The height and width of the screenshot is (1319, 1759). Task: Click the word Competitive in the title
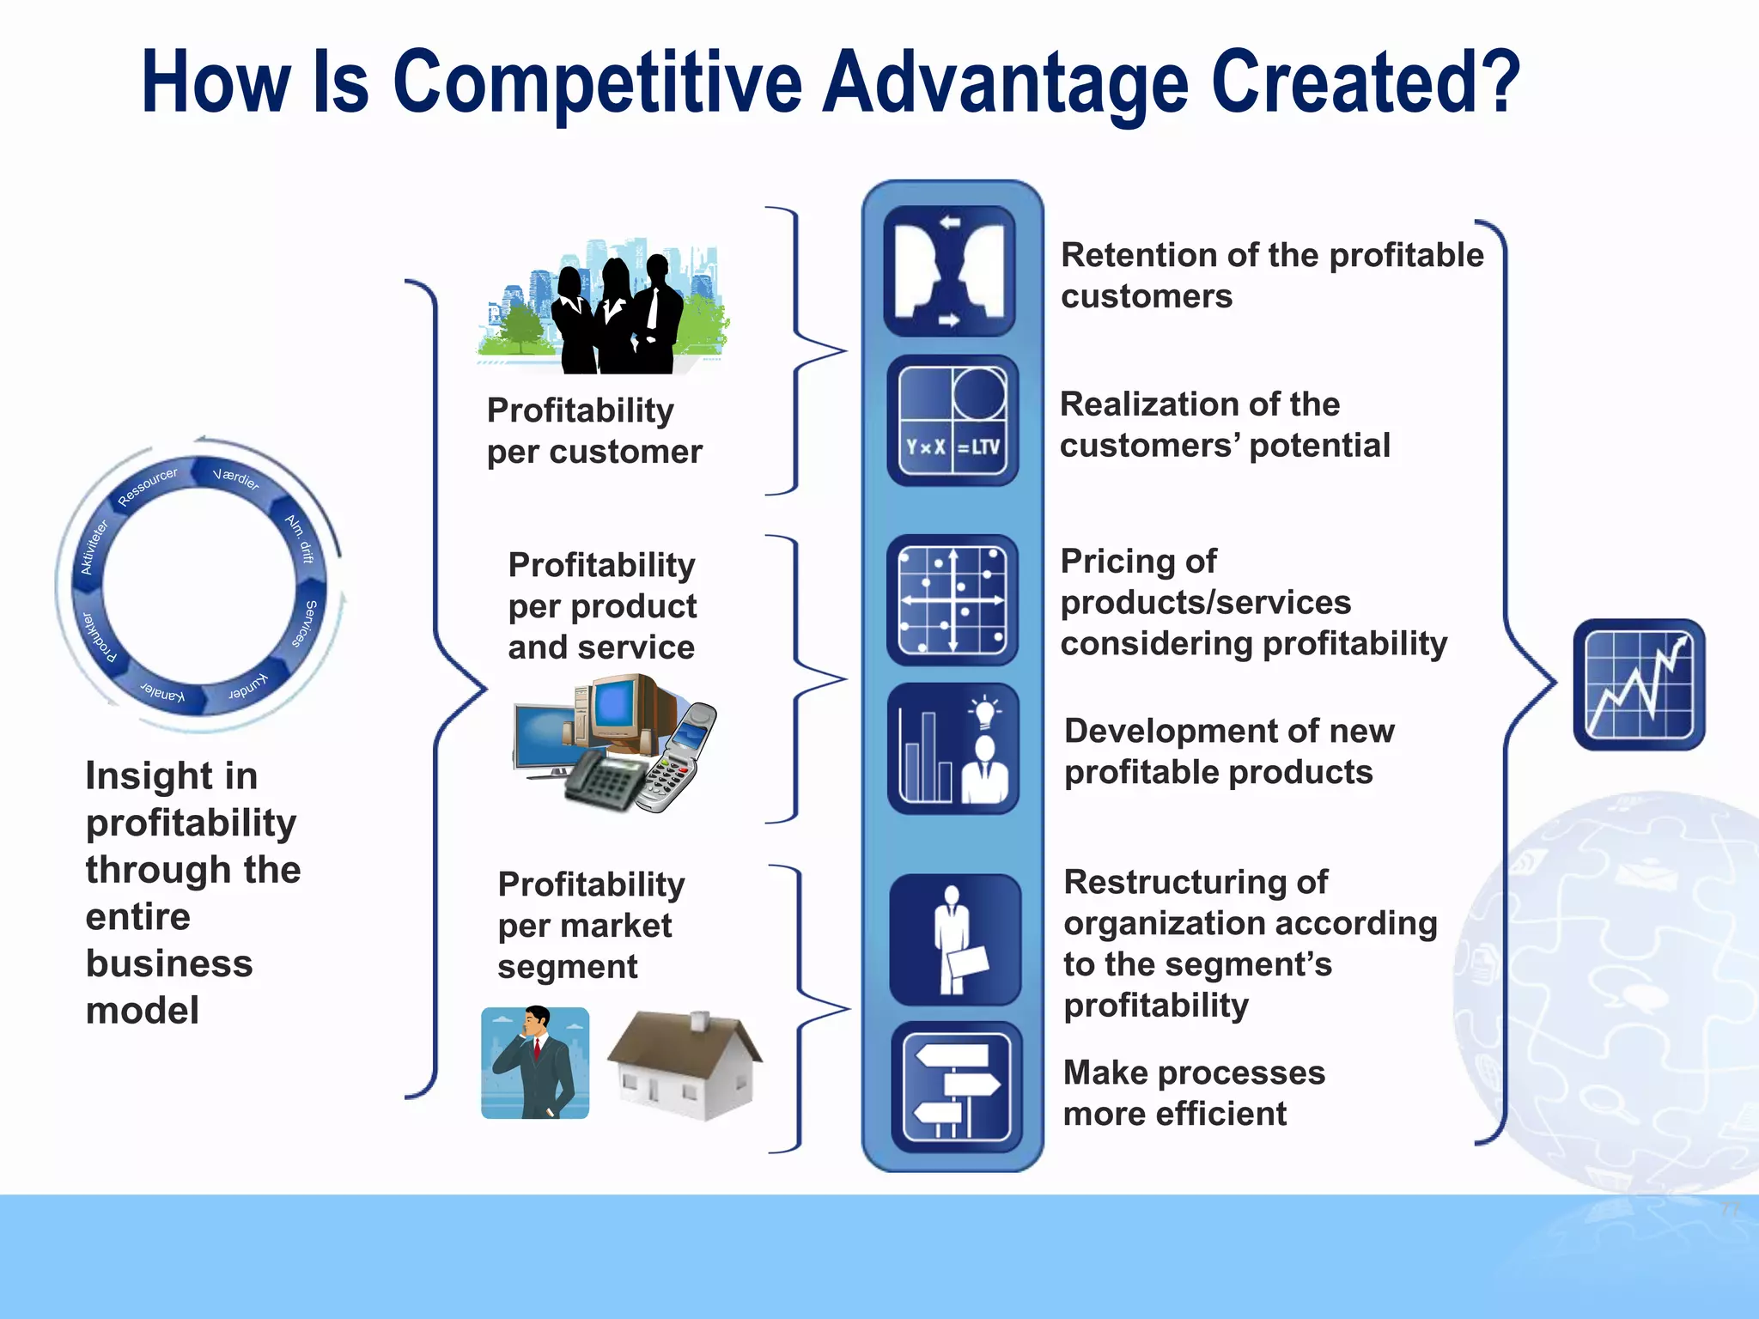pyautogui.click(x=598, y=84)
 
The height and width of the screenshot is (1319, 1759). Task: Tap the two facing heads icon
pyautogui.click(x=950, y=270)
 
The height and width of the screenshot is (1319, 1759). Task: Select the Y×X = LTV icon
pyautogui.click(x=953, y=421)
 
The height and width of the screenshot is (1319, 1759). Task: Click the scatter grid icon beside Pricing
pyautogui.click(x=952, y=600)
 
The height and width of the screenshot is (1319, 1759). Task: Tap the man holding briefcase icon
pyautogui.click(x=955, y=939)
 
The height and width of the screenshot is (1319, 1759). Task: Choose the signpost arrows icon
pyautogui.click(x=956, y=1087)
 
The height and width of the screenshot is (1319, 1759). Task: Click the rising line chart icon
pyautogui.click(x=1639, y=684)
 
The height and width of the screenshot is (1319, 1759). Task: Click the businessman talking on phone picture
pyautogui.click(x=535, y=1063)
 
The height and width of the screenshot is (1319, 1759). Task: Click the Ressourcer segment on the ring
pyautogui.click(x=148, y=487)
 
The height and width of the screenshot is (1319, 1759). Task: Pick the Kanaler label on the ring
pyautogui.click(x=163, y=692)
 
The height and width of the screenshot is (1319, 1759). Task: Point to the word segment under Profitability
pyautogui.click(x=567, y=967)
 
